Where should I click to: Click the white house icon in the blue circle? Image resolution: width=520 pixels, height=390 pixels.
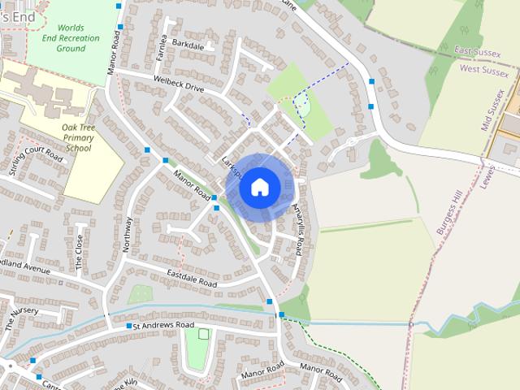pyautogui.click(x=259, y=187)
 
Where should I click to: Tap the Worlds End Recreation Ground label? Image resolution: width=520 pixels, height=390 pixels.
pyautogui.click(x=71, y=37)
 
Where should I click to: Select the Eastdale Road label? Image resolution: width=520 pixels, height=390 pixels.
pyautogui.click(x=193, y=279)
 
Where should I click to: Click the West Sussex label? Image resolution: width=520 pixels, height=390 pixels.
pyautogui.click(x=483, y=71)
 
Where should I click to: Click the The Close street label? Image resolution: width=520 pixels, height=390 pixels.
pyautogui.click(x=79, y=252)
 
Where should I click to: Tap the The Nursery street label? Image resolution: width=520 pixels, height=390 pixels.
pyautogui.click(x=21, y=317)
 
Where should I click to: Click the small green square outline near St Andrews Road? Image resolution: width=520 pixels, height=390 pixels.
pyautogui.click(x=203, y=334)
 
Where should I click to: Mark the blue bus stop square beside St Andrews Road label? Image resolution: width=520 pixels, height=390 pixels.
pyautogui.click(x=128, y=326)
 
